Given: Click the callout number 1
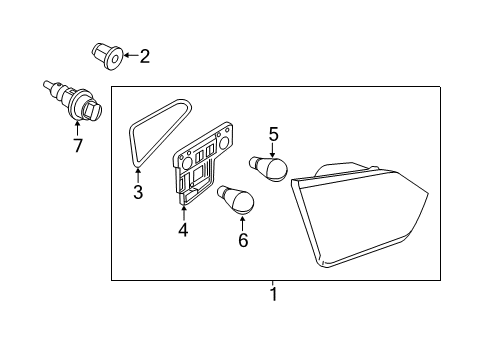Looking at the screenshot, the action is (273, 294).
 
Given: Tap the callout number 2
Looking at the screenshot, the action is (144, 56).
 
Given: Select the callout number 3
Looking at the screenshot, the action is (138, 192).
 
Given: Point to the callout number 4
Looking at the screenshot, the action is (183, 230).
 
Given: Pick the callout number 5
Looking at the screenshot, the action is (273, 134).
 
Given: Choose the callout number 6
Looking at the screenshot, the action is (243, 240).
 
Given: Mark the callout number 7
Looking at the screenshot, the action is (78, 145).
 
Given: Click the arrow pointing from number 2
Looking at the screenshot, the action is (131, 55).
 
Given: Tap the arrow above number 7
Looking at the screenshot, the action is (77, 129).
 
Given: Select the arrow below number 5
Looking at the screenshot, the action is (273, 150).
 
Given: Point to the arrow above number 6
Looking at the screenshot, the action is (242, 223).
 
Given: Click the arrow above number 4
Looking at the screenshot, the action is (183, 213).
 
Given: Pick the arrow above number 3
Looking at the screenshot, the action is (138, 175).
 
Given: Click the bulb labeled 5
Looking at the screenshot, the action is (269, 168).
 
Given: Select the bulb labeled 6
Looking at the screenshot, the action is (236, 199).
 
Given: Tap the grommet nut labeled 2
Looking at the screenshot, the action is (107, 56).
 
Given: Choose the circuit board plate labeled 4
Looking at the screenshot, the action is (203, 162).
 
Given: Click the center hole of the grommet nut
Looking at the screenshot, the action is (115, 60).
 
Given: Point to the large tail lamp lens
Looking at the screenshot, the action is (358, 215).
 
